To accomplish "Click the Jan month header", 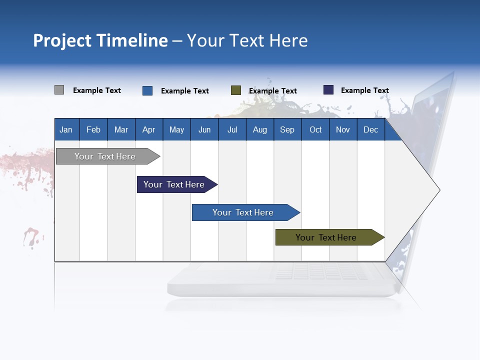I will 66,129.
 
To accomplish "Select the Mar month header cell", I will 121,129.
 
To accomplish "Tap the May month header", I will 176,129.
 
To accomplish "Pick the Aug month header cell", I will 259,129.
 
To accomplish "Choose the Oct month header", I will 315,129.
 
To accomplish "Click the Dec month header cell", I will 370,129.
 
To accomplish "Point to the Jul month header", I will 232,129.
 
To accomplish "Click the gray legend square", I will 59,90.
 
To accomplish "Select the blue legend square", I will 147,90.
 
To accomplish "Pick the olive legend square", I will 236,90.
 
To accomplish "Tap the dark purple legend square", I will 328,90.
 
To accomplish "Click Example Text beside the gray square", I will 97,90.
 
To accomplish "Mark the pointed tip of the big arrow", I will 439,190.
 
